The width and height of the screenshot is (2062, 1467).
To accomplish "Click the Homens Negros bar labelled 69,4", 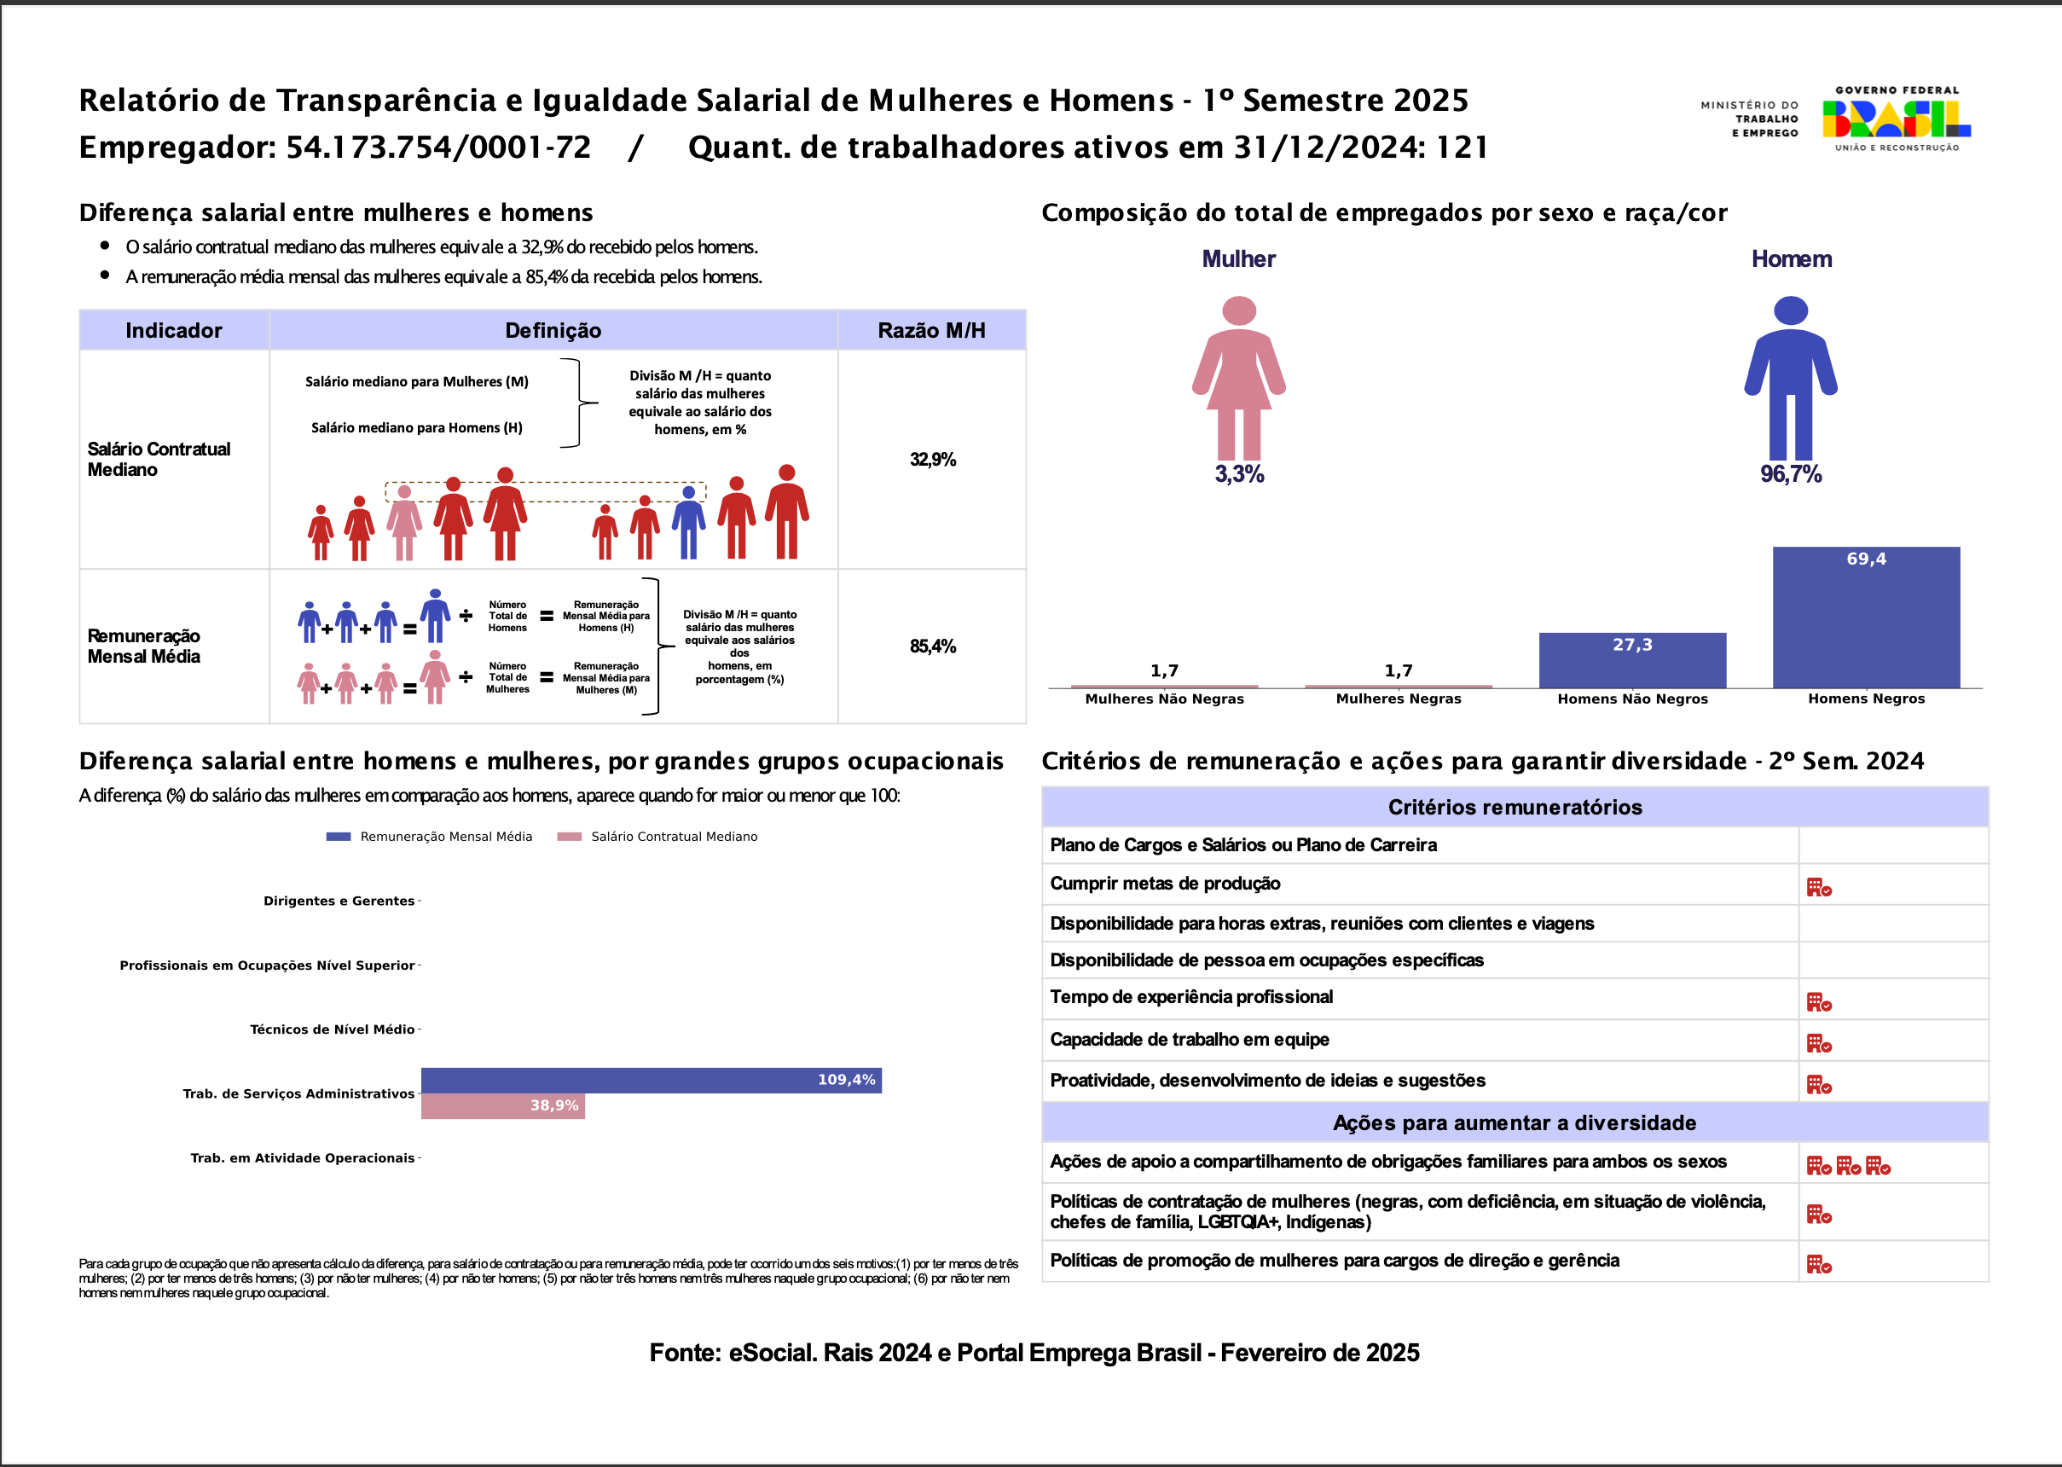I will [x=1866, y=618].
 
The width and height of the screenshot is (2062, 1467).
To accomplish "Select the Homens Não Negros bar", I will [x=1632, y=661].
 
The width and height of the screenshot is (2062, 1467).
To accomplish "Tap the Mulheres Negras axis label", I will [x=1399, y=699].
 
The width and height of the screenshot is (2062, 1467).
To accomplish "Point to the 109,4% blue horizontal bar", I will [x=651, y=1081].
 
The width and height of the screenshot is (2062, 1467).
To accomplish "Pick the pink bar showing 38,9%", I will [x=502, y=1106].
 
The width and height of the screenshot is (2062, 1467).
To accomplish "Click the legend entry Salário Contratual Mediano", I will [x=674, y=838].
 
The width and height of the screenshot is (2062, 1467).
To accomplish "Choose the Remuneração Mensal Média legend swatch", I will [x=339, y=838].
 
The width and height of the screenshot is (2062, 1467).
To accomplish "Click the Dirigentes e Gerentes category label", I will [x=339, y=902].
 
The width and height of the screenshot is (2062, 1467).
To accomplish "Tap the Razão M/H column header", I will [x=931, y=331].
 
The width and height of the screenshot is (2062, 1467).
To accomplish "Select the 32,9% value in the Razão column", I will [x=932, y=460].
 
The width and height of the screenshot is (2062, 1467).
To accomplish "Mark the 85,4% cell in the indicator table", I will [x=932, y=647].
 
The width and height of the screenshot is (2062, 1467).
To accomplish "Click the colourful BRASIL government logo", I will [x=1896, y=119].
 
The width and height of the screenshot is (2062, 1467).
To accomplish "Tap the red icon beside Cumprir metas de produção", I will [x=1818, y=888].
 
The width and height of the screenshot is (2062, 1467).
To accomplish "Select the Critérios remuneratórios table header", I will [x=1515, y=808].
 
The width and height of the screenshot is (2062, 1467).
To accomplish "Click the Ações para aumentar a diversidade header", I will [x=1515, y=1122].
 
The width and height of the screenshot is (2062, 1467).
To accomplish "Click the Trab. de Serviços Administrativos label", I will [x=298, y=1094].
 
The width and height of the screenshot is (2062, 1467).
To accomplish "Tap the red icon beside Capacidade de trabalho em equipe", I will [x=1818, y=1044].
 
